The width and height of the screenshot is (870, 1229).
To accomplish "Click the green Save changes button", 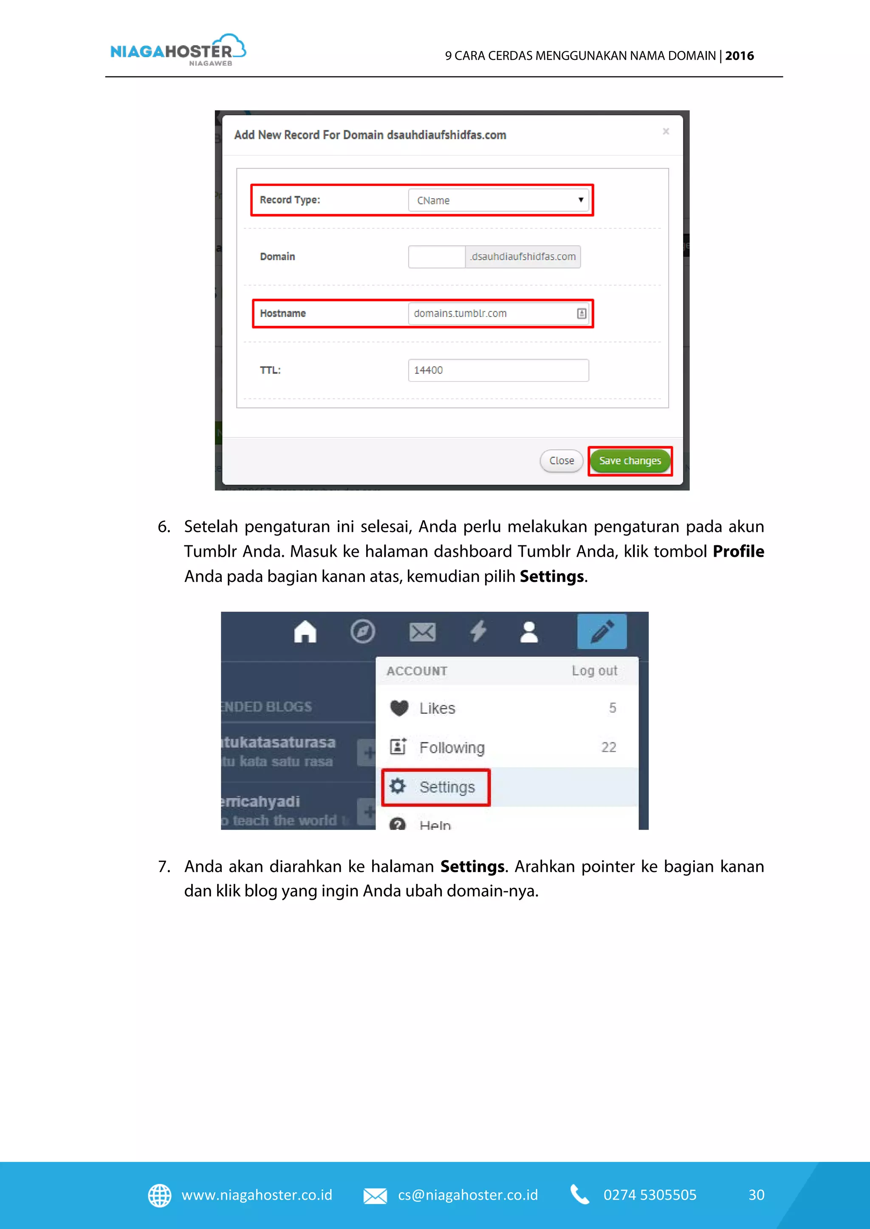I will coord(630,461).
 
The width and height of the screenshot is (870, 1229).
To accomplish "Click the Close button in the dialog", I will coord(561,461).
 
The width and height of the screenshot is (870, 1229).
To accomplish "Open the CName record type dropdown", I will coord(498,200).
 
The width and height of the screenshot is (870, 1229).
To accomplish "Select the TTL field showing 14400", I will coord(498,370).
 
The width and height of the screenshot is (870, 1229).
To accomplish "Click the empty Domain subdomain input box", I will coord(437,257).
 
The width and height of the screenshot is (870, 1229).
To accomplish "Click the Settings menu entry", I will coord(446,787).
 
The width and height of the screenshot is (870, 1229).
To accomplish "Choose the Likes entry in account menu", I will coord(437,708).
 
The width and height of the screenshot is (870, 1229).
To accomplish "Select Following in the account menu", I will coord(452,747).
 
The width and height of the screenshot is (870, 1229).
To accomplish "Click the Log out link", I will coord(594,671).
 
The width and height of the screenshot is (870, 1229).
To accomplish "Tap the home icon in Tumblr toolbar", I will coord(305,631).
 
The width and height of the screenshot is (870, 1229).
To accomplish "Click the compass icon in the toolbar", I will coord(363,631).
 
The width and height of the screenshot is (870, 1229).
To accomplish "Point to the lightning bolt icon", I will coord(478,631).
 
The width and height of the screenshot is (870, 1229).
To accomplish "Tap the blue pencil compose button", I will coord(602,631).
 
